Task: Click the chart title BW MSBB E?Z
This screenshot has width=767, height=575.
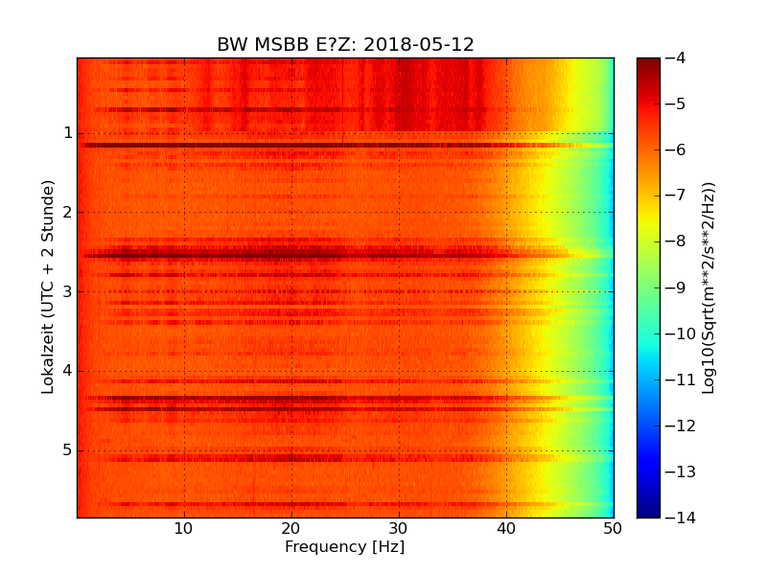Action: pyautogui.click(x=288, y=45)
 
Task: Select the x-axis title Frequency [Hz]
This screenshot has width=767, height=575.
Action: pyautogui.click(x=344, y=547)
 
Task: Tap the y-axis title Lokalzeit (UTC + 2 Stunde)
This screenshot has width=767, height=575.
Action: pyautogui.click(x=48, y=287)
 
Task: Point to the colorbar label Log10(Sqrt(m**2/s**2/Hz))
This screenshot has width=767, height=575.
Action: pyautogui.click(x=709, y=287)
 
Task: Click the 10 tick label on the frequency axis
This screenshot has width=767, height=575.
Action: pyautogui.click(x=184, y=528)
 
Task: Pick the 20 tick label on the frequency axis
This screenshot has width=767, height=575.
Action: pyautogui.click(x=291, y=528)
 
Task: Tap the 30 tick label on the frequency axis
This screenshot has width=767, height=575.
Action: pyautogui.click(x=399, y=528)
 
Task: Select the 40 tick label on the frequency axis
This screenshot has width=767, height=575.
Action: pyautogui.click(x=506, y=528)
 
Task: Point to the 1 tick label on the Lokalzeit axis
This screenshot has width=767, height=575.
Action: pyautogui.click(x=68, y=132)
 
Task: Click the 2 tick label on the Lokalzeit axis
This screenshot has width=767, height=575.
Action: pyautogui.click(x=68, y=212)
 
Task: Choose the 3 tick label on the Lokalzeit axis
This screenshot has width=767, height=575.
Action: pyautogui.click(x=68, y=291)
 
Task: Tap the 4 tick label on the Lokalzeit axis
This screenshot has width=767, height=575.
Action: pyautogui.click(x=68, y=371)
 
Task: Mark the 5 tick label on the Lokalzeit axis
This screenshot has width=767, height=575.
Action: pyautogui.click(x=68, y=450)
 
